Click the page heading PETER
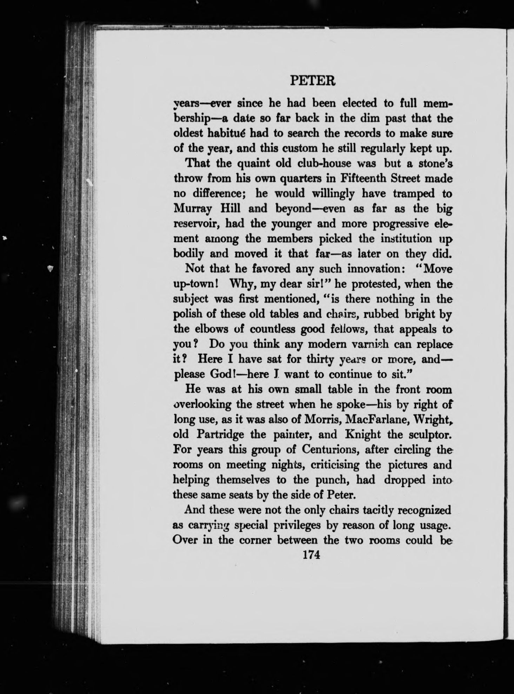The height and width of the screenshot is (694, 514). [313, 82]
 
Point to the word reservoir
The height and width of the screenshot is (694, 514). [196, 224]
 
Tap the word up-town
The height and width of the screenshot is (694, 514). [196, 284]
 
